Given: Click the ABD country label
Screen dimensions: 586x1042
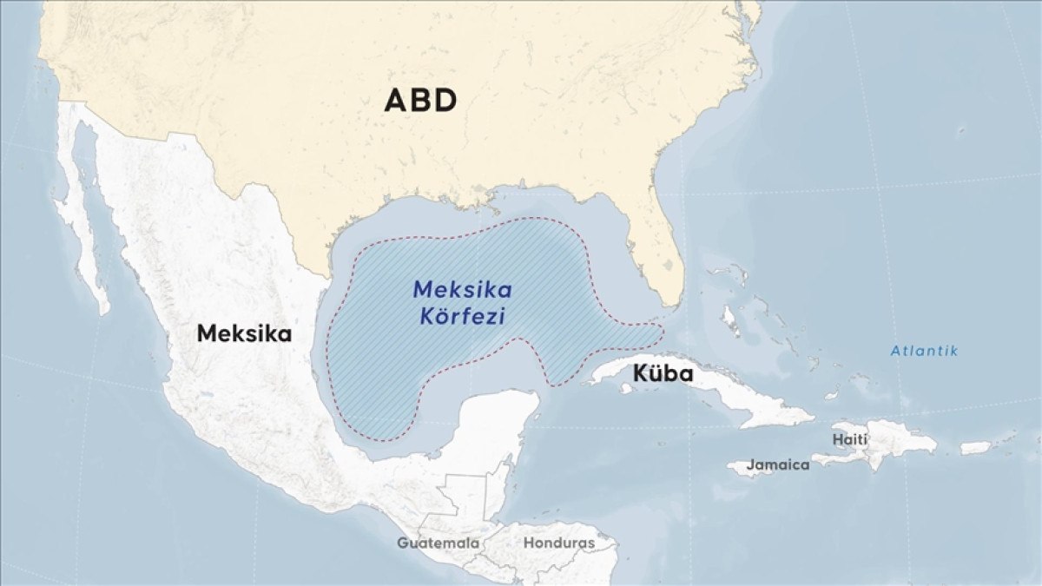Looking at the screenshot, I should point(420,101).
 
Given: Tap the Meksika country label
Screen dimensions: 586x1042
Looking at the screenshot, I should point(244,333).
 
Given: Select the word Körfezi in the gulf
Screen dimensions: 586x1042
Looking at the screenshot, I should point(462,316).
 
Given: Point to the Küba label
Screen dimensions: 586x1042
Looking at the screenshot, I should point(663,374).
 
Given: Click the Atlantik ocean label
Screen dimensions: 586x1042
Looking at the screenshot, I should point(924,351).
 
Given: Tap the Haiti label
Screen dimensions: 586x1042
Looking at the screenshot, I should point(849,439).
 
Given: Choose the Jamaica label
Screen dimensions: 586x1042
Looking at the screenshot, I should point(778,464).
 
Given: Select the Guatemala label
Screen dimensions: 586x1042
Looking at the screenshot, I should point(438,543).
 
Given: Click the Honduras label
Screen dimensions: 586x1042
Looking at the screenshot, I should point(558,543).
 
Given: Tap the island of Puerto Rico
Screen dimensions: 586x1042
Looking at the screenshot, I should point(975,448).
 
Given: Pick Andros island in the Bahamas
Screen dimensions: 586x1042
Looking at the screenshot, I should point(730,321).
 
